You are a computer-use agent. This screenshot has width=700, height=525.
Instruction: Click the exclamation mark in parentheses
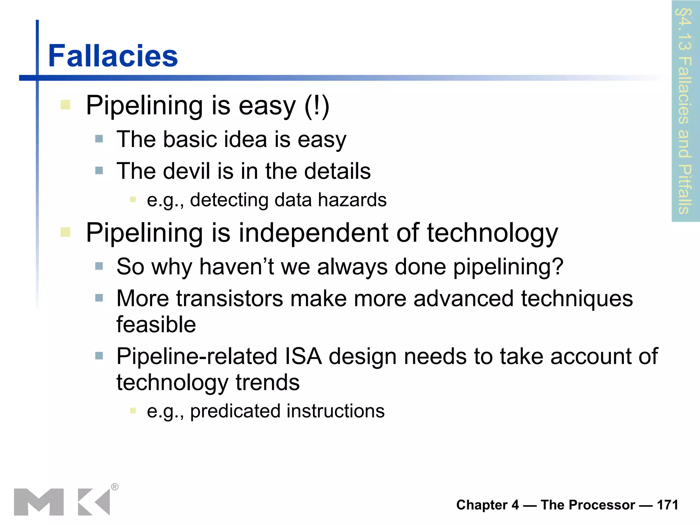pos(317,106)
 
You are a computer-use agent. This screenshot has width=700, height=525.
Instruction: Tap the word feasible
pos(156,324)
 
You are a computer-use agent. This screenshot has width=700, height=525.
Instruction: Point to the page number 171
pos(667,505)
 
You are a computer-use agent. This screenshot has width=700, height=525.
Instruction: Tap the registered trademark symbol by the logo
pos(115,487)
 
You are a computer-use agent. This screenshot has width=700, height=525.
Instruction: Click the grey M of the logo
pos(39,502)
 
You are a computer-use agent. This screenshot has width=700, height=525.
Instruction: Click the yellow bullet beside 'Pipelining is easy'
pos(65,105)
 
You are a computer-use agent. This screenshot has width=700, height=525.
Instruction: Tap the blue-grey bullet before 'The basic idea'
pos(99,139)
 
